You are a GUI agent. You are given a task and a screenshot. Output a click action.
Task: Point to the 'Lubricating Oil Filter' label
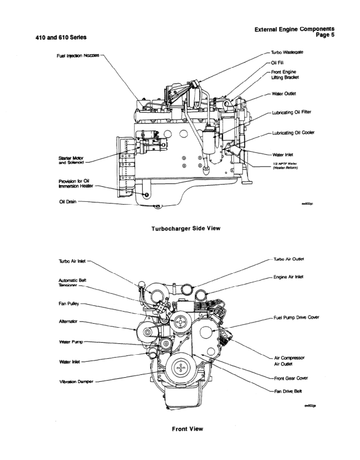(297, 113)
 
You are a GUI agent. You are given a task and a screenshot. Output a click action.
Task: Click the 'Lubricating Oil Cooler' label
(296, 133)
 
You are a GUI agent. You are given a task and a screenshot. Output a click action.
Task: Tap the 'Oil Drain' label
(68, 201)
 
